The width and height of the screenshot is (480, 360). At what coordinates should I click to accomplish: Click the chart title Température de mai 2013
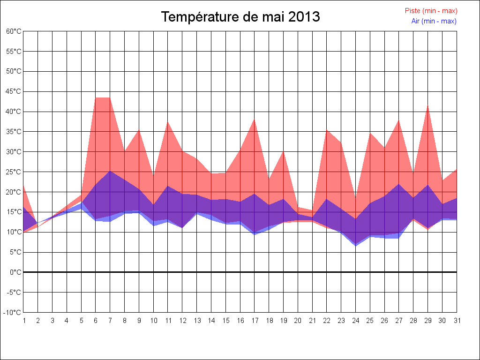(x=240, y=17)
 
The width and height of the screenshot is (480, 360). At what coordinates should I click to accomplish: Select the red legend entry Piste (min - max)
(x=431, y=11)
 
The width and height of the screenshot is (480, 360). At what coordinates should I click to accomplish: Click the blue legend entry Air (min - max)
(x=434, y=21)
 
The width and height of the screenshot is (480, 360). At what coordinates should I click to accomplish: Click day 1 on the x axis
(x=23, y=321)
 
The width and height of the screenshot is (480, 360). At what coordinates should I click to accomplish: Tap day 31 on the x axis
(x=457, y=321)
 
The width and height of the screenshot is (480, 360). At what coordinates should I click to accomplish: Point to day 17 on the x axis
(x=255, y=321)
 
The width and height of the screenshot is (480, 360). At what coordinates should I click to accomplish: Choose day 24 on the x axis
(x=355, y=321)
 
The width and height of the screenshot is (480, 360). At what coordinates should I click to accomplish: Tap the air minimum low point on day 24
(x=355, y=246)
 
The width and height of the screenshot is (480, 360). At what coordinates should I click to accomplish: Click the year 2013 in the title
(x=304, y=17)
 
